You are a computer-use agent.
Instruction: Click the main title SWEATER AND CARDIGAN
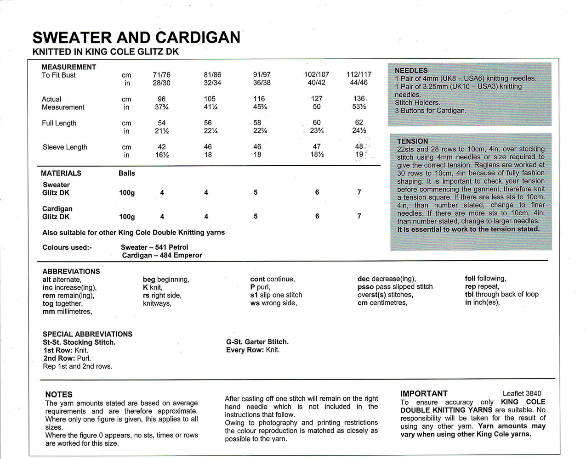click(137, 37)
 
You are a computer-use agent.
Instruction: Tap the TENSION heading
click(412, 141)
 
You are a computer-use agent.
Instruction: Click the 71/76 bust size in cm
click(161, 75)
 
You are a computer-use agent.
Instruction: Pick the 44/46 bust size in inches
click(358, 83)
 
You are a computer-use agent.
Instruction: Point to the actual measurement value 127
click(316, 99)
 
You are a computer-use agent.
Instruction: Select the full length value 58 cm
click(257, 123)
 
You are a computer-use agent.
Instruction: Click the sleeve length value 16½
click(162, 155)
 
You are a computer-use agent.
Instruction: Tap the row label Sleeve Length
click(65, 147)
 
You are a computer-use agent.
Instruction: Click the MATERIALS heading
click(61, 173)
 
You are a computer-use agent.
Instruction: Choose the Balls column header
click(127, 173)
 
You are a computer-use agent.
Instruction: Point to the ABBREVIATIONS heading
click(71, 271)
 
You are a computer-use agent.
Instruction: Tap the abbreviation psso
click(366, 287)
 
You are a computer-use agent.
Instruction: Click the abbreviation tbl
click(469, 295)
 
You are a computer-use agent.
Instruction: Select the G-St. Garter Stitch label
click(257, 342)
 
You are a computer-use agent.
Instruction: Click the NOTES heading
click(59, 394)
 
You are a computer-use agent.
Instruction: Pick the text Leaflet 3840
click(522, 393)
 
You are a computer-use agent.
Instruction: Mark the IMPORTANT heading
click(424, 393)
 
